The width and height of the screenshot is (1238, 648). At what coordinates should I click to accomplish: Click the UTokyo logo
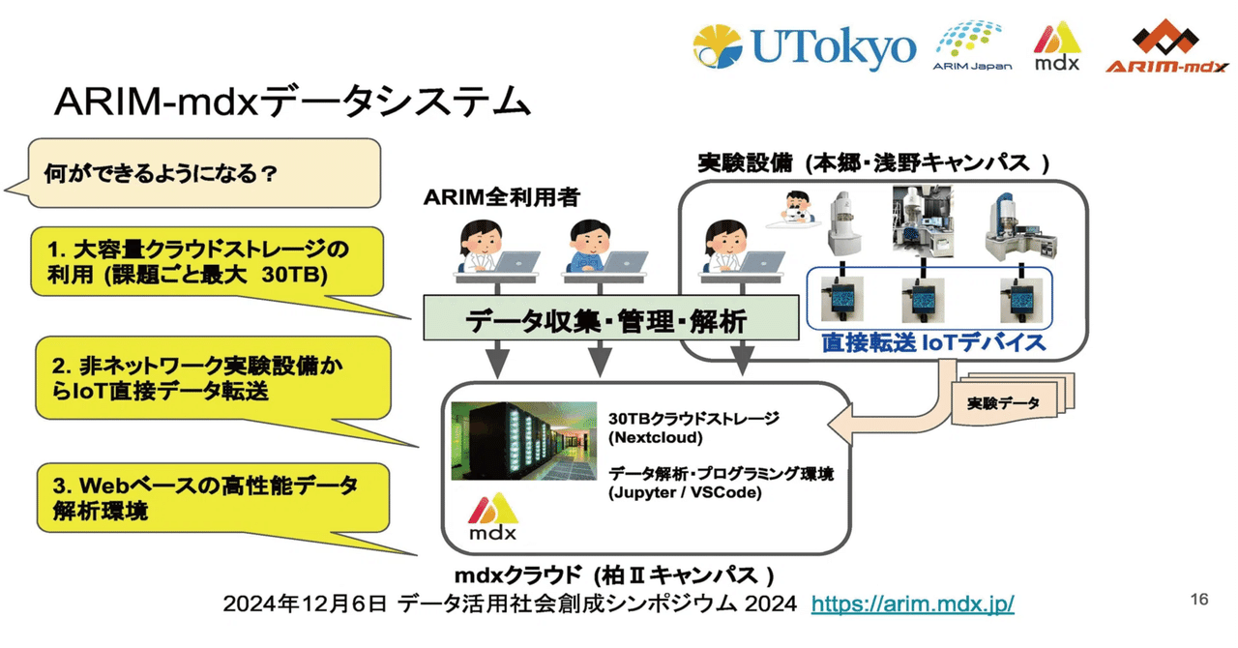pyautogui.click(x=803, y=48)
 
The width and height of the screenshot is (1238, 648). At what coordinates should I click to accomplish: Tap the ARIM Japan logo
pyautogui.click(x=972, y=45)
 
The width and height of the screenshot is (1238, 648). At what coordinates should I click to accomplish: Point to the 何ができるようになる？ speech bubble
pyautogui.click(x=203, y=174)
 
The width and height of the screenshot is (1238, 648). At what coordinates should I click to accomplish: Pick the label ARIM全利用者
pyautogui.click(x=501, y=197)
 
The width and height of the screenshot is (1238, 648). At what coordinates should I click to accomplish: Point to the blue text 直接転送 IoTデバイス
pyautogui.click(x=933, y=342)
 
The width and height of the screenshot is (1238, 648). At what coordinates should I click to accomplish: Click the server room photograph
pyautogui.click(x=523, y=440)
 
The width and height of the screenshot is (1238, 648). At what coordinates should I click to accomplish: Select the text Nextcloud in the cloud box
pyautogui.click(x=651, y=436)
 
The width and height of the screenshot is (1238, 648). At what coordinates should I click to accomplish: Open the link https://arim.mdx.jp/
pyautogui.click(x=912, y=604)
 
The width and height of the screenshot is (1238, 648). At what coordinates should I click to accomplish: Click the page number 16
pyautogui.click(x=1198, y=600)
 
